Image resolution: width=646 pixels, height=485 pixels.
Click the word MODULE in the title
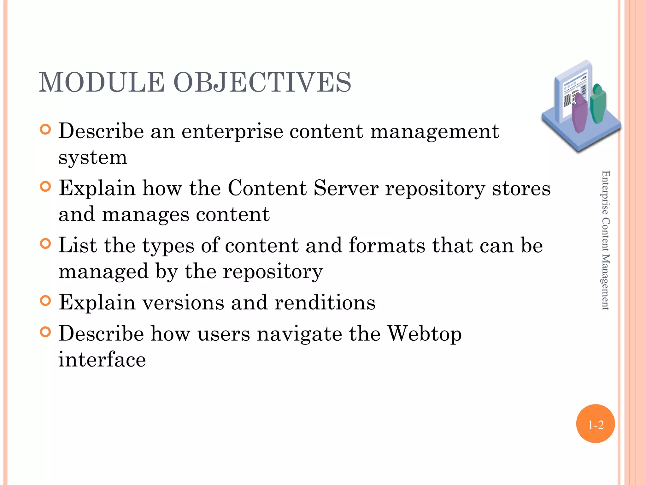click(101, 82)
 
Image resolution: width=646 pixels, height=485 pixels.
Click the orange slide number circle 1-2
click(595, 424)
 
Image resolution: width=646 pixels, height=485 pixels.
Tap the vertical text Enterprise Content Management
click(605, 240)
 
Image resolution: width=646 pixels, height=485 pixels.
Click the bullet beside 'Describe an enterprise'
click(46, 129)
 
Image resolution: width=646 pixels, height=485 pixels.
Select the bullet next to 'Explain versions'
click(46, 301)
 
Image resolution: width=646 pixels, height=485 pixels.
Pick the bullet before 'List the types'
click(46, 244)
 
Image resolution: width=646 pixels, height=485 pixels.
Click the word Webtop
click(424, 334)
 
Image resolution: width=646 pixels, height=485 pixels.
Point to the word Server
click(346, 188)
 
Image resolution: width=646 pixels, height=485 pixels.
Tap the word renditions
click(325, 302)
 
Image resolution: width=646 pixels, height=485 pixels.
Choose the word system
click(93, 158)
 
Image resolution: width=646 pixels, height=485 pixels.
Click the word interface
click(102, 360)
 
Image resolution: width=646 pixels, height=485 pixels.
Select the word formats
click(387, 245)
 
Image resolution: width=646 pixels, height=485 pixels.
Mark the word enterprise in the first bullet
click(232, 132)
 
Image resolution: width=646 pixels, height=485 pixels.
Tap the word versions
click(183, 302)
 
